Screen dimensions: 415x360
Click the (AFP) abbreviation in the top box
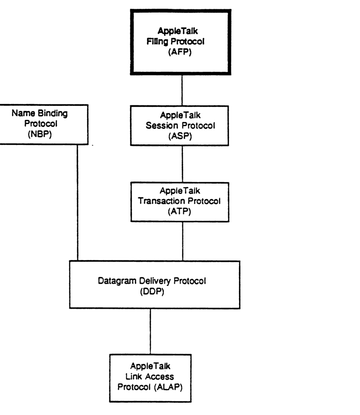182,54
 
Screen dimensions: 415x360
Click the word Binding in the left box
52,114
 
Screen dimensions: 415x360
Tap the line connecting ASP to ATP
182,164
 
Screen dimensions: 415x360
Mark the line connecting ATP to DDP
182,241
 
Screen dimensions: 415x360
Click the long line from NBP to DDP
77,203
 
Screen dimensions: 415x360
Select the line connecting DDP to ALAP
150,331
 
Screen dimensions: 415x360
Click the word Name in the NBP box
23,114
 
